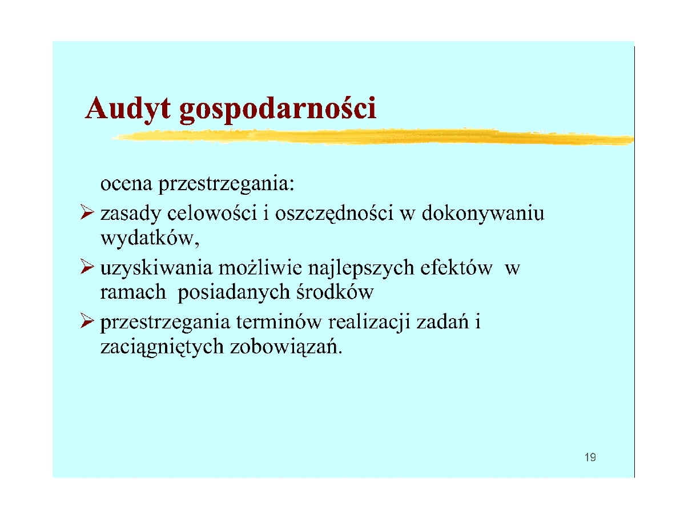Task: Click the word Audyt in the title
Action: (128, 109)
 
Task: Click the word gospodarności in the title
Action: (277, 110)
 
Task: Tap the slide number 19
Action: (590, 457)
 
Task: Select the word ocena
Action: (126, 185)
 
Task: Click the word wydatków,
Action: (150, 238)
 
